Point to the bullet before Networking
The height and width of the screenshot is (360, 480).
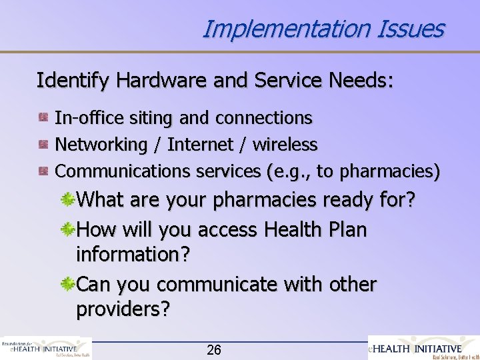point(43,144)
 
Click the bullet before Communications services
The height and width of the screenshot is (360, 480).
point(43,171)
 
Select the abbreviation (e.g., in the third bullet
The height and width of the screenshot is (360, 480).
point(288,171)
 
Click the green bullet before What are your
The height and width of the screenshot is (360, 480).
point(68,200)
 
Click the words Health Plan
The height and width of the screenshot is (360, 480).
point(315,229)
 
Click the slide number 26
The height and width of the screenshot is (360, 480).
point(214,350)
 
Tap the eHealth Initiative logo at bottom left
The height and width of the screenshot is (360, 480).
point(46,348)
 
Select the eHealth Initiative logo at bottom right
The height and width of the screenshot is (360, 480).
point(424,348)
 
